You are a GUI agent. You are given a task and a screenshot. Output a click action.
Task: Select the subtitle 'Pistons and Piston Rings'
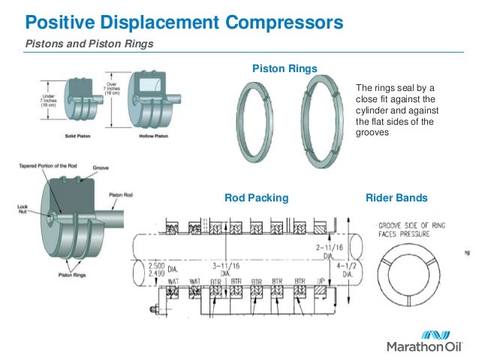89,44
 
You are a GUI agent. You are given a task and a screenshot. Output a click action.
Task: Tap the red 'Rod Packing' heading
257,198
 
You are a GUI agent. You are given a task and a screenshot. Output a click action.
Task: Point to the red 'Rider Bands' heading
396,198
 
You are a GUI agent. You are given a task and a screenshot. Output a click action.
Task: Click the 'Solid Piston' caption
75,137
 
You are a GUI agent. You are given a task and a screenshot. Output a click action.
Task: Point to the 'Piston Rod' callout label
121,195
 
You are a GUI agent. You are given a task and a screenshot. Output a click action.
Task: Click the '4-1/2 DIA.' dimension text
347,270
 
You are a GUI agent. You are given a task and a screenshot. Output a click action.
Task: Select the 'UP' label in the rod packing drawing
321,281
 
